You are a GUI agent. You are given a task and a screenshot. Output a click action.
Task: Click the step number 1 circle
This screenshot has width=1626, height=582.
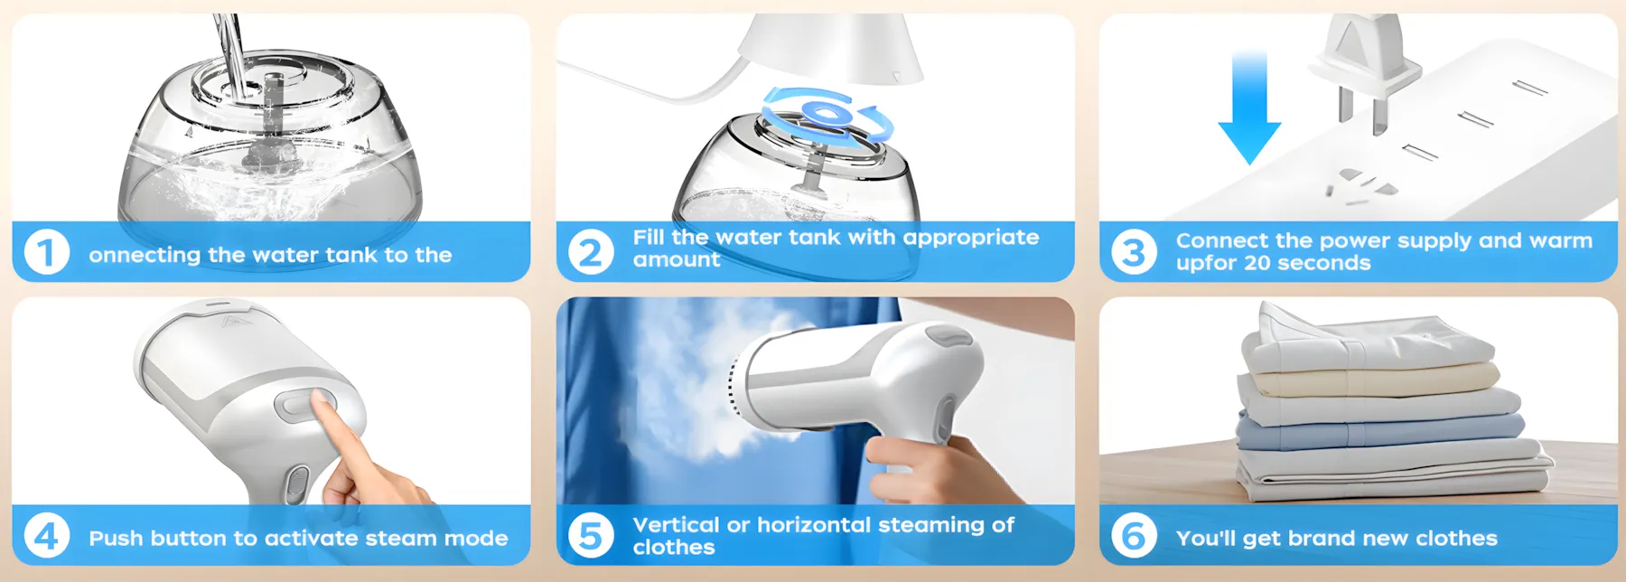47,252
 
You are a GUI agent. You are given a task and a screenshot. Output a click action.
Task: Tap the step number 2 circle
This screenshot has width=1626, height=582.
591,252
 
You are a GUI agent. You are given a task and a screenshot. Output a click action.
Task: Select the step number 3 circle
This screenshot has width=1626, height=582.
1134,252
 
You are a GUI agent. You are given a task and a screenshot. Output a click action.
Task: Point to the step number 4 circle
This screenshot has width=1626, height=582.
47,536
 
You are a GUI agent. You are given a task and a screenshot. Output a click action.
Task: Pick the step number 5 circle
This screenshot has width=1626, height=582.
591,536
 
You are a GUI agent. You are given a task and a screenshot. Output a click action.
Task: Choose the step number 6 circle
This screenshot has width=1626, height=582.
1134,536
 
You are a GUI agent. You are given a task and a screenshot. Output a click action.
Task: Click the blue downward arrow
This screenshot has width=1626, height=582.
1249,107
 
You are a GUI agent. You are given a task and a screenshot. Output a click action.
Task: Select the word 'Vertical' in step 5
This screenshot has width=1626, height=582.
677,525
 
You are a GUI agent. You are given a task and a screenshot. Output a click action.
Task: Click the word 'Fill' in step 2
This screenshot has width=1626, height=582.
649,237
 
